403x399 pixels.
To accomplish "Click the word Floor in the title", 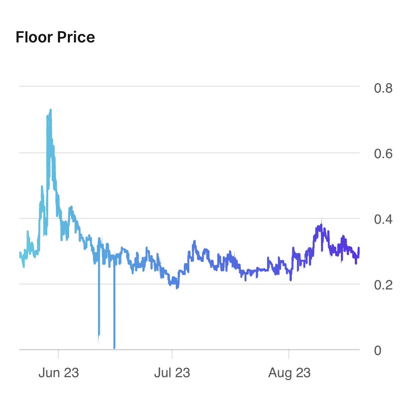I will [34, 37].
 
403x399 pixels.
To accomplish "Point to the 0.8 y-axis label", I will [383, 89].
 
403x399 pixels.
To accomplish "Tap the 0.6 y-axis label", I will [383, 154].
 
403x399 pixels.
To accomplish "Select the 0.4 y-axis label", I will [383, 220].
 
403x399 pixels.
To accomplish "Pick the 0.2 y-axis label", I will [383, 285].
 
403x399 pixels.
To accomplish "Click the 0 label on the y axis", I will [378, 351].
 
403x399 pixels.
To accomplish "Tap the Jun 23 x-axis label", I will [58, 373].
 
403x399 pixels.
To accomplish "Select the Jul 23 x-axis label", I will [172, 373].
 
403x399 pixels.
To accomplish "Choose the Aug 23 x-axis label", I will [289, 373].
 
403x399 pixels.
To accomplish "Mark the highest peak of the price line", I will [50, 110].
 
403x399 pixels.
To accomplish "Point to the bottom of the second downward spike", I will [115, 348].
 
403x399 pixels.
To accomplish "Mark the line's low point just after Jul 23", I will [177, 287].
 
